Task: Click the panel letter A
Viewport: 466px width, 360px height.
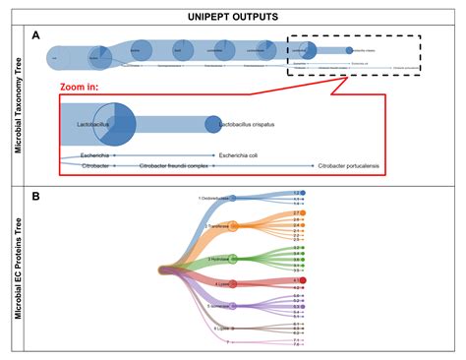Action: (36, 35)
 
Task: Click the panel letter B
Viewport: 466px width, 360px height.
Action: (36, 196)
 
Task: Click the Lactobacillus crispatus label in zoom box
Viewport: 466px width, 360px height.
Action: (260, 126)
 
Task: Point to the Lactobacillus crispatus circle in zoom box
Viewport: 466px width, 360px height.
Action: (213, 125)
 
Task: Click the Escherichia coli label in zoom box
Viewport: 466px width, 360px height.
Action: (245, 155)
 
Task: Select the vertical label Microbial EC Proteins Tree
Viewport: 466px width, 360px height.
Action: (19, 269)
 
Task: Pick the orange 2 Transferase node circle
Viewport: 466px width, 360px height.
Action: (234, 227)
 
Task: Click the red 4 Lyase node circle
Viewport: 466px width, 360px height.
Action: (233, 286)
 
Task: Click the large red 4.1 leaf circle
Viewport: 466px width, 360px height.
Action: (303, 280)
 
